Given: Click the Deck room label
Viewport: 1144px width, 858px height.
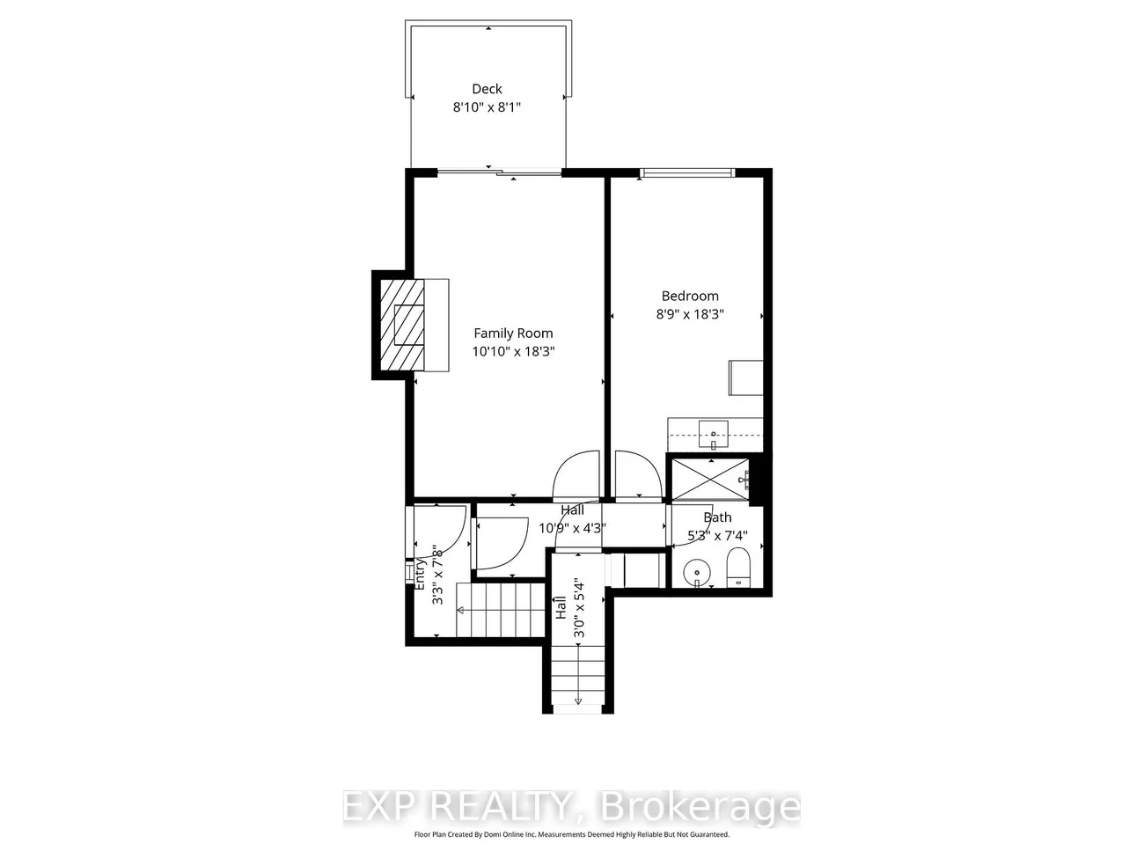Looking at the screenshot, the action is click(487, 89).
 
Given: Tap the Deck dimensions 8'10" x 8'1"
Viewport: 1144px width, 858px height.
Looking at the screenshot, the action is click(487, 107).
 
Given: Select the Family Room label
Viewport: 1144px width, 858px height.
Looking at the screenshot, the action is click(513, 334).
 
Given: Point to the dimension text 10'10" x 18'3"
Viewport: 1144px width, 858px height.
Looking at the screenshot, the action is click(513, 352).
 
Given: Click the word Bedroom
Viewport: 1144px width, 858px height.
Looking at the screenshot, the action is click(690, 296).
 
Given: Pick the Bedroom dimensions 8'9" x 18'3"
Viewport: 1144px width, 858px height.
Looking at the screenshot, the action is click(690, 314).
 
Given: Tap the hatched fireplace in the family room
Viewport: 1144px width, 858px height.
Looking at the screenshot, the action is click(402, 325).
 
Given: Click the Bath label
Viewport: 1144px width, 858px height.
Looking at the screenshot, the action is click(717, 517).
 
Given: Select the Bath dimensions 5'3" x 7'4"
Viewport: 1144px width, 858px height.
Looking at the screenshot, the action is click(717, 535).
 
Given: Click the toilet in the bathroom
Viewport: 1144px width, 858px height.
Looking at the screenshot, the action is click(737, 567).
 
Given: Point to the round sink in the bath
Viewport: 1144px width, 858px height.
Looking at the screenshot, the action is click(697, 574).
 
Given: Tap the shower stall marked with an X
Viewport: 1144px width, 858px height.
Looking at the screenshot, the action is click(710, 480).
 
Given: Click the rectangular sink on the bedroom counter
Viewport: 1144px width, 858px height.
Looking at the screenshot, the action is click(713, 435).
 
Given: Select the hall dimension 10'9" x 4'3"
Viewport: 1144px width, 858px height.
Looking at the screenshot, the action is click(572, 528).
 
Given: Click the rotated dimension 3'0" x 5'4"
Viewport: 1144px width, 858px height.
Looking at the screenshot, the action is click(579, 607).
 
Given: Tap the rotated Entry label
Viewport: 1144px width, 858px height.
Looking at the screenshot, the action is click(420, 574).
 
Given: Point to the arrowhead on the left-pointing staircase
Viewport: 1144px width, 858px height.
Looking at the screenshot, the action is click(460, 611).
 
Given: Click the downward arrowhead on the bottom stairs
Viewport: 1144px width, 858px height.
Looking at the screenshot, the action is click(577, 701).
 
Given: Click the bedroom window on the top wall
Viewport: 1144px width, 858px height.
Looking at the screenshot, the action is click(687, 173).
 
